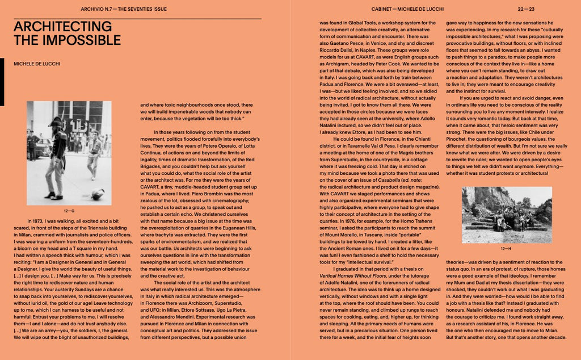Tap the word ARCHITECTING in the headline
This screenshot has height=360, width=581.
[62, 27]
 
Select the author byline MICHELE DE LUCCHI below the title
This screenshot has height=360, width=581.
[37, 64]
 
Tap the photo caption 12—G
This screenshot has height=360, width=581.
[69, 211]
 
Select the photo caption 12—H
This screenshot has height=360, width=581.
[506, 248]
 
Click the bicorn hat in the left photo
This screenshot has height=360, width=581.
[55, 122]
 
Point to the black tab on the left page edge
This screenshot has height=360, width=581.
[2, 90]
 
